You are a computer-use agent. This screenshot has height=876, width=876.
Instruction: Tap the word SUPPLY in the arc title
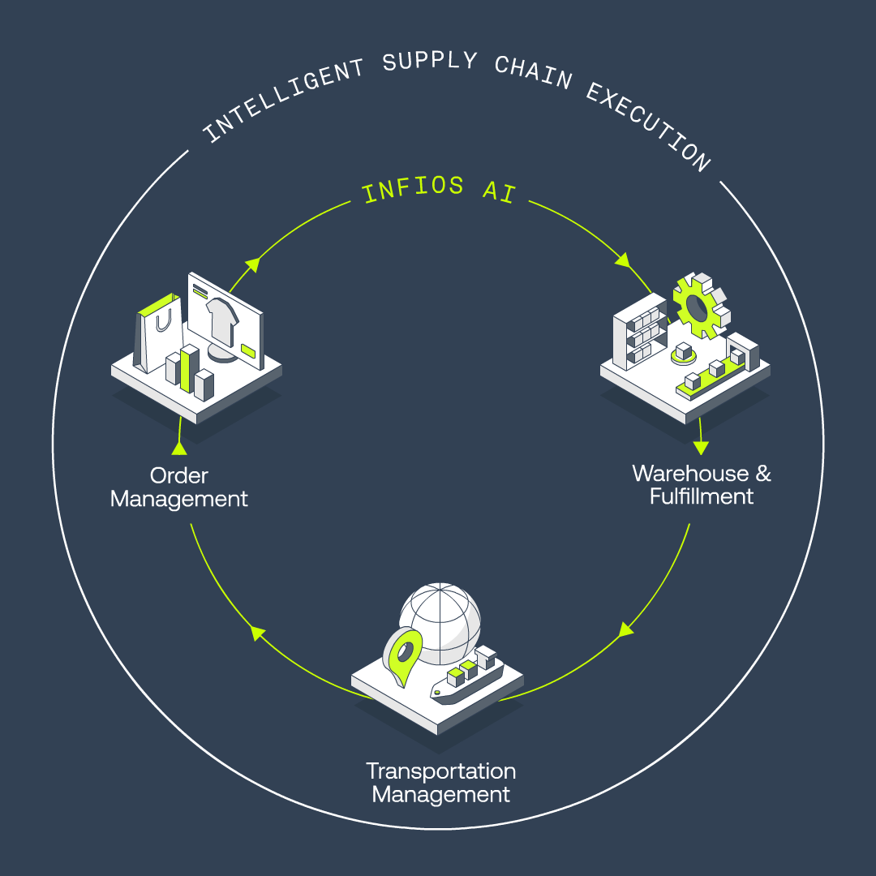coord(430,61)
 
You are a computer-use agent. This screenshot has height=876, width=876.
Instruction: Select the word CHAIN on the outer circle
coord(534,73)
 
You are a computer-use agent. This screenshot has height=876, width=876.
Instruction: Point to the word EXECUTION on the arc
coord(649,127)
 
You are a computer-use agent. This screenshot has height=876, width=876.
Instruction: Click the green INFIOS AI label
coord(439,189)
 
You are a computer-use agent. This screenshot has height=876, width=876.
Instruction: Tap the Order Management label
coord(178,487)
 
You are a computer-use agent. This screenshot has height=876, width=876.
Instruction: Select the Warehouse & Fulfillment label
coord(702,485)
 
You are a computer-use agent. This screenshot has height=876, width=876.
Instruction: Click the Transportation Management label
coord(440,783)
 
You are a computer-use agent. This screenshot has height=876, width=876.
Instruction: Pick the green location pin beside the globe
coord(402,655)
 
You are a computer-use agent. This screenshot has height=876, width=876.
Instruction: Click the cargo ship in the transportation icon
coord(467,675)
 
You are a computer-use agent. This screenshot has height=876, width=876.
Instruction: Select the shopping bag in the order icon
coord(158,333)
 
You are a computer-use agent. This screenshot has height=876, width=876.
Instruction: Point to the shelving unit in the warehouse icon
coord(640,332)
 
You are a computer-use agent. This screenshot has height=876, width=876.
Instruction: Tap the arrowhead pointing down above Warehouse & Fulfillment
coord(701,448)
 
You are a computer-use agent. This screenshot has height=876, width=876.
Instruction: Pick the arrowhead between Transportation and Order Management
coord(257,633)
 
